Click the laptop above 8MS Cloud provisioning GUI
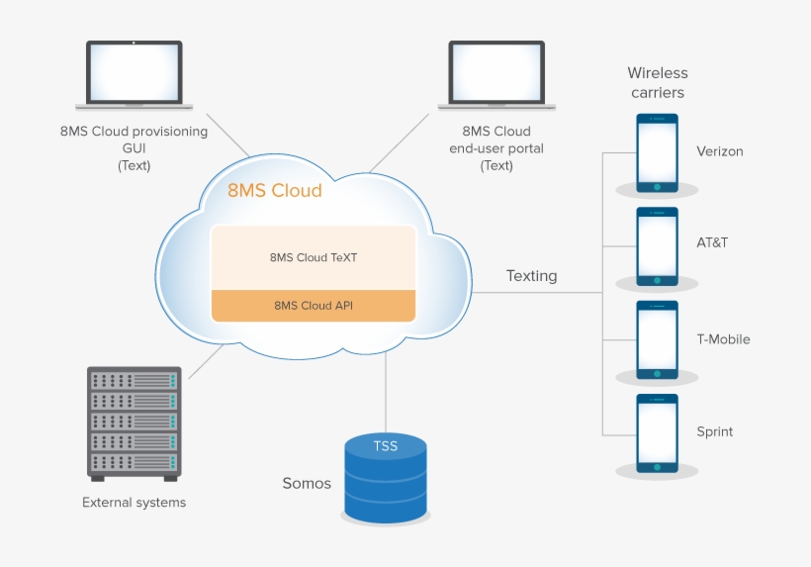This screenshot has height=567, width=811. click(x=134, y=74)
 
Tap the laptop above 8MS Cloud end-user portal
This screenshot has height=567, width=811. click(x=496, y=74)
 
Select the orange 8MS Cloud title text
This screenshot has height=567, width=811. click(x=275, y=191)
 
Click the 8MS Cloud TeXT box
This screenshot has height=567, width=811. click(x=314, y=257)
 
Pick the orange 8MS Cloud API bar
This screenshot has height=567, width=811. click(x=314, y=306)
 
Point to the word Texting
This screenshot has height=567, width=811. click(x=531, y=276)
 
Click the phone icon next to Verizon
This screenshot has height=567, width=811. click(x=657, y=152)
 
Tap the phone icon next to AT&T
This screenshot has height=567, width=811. click(x=657, y=245)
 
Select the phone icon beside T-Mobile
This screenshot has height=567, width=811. click(x=657, y=339)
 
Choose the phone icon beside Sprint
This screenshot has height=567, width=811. click(x=657, y=432)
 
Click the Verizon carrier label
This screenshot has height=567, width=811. click(x=719, y=151)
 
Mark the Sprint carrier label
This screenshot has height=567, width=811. click(x=714, y=432)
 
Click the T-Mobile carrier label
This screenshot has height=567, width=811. click(x=723, y=339)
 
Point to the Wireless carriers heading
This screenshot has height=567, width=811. click(x=658, y=83)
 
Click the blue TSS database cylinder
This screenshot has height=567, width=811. click(x=385, y=479)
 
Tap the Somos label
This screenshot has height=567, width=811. click(x=307, y=484)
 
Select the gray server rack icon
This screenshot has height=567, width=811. click(x=135, y=424)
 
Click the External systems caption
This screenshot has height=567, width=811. click(x=134, y=503)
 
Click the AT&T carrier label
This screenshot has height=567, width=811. click(x=712, y=243)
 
